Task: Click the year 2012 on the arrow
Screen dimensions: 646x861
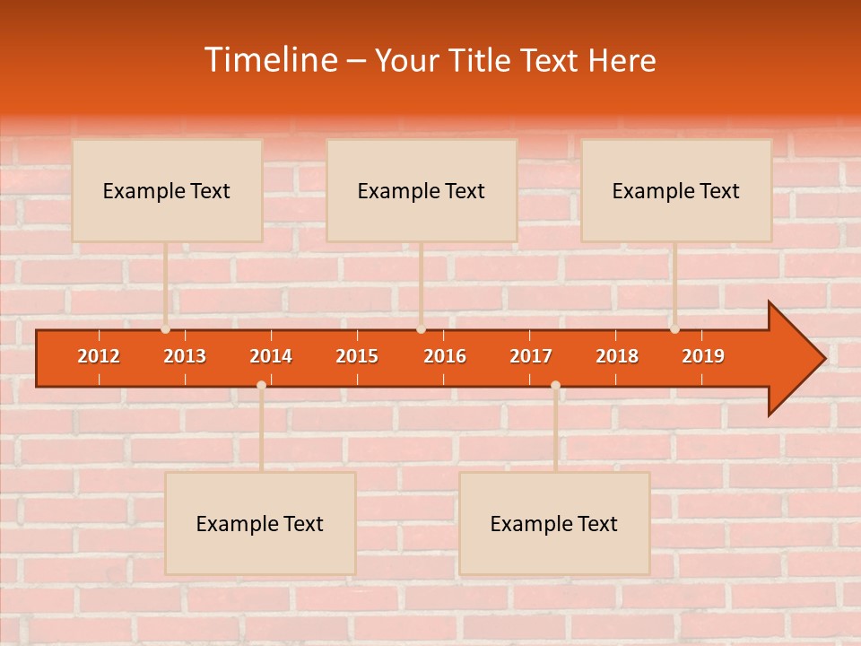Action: coord(99,356)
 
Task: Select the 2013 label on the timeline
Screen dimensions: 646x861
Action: coord(185,356)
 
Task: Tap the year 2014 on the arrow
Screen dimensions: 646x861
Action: coord(271,356)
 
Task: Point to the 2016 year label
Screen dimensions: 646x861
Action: coord(445,356)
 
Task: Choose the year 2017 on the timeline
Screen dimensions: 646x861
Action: coord(531,356)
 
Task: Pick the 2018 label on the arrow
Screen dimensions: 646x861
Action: coord(617,356)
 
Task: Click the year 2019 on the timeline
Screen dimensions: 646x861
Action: coord(703,356)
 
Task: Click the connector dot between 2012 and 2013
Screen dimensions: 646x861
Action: coord(166,329)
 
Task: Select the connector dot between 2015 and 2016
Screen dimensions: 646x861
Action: coord(421,329)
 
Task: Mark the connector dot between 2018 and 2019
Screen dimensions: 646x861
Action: coord(674,329)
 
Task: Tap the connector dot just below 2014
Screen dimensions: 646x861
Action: coord(261,385)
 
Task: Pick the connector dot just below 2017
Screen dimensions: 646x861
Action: coord(555,385)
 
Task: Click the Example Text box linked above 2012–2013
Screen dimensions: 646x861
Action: coord(167,190)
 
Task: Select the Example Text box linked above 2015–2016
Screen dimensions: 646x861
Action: coord(422,190)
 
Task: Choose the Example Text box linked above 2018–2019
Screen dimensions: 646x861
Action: coord(676,190)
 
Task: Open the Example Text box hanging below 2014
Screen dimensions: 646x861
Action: coord(260,523)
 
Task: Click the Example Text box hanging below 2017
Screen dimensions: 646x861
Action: coord(554,523)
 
